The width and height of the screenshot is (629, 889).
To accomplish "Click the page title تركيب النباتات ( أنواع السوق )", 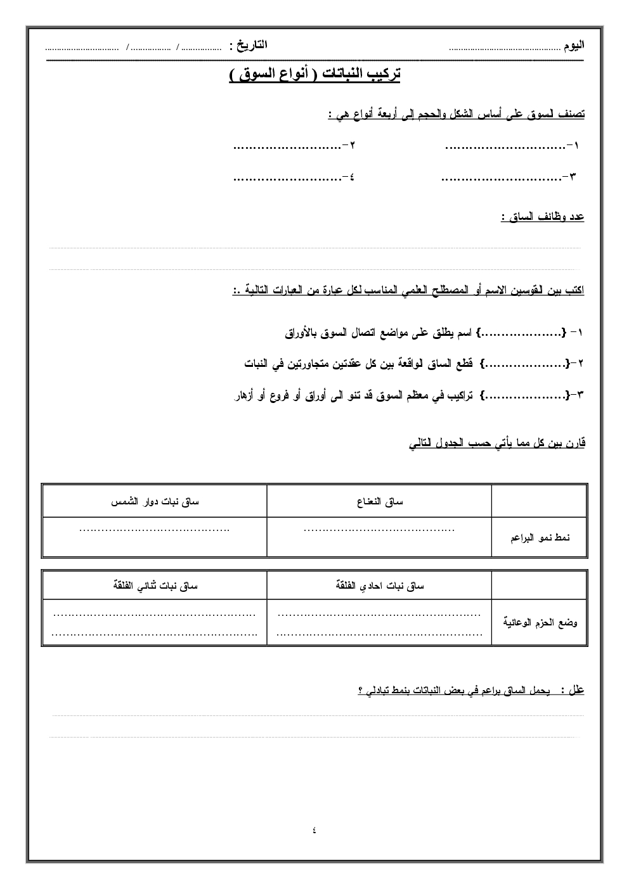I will tap(314, 74).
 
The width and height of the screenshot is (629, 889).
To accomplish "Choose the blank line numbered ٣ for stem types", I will tap(501, 178).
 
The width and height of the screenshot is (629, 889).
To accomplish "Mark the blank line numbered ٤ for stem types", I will tap(287, 178).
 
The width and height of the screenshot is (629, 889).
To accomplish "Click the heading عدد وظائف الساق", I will tap(542, 217).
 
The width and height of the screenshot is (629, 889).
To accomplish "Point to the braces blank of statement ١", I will tap(522, 333).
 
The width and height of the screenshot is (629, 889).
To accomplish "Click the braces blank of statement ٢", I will tap(522, 364).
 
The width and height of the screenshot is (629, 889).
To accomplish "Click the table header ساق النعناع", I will tap(379, 502).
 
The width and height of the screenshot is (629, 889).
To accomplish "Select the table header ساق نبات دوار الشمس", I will tap(155, 502).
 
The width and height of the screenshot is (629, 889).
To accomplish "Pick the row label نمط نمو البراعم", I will tap(540, 538).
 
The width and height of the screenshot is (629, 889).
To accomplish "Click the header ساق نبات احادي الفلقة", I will tap(379, 586).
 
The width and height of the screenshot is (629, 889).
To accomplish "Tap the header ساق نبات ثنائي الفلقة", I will tap(155, 586).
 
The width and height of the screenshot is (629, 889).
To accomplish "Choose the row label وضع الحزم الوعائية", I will tap(540, 623).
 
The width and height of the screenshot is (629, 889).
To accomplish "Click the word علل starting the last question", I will tap(576, 690).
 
